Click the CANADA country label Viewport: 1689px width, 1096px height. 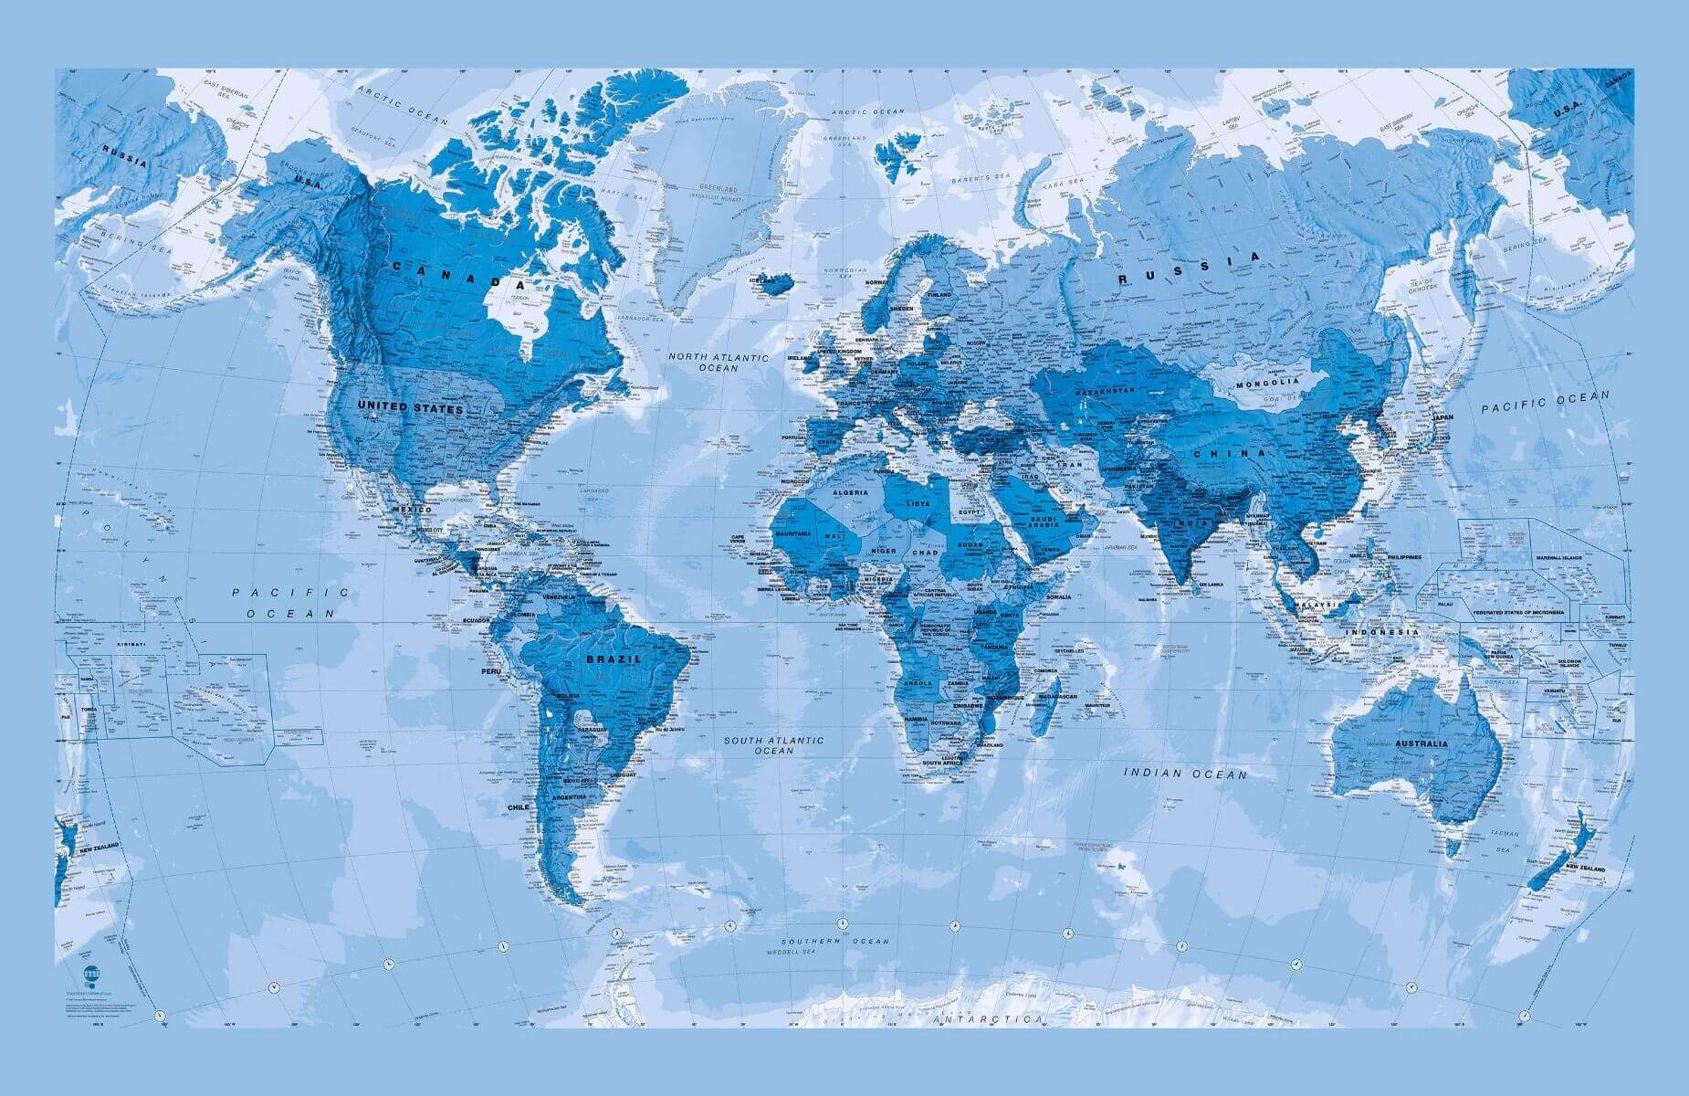[447, 273]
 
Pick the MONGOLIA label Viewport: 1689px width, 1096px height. [1266, 384]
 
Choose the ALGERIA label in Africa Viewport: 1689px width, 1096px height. [852, 492]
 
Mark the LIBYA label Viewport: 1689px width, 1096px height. [918, 503]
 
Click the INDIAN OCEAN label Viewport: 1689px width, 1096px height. [1184, 774]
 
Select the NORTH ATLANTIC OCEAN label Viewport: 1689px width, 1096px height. [718, 363]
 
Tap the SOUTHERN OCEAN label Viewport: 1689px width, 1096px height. [834, 941]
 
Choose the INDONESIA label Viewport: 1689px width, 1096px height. [1386, 632]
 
